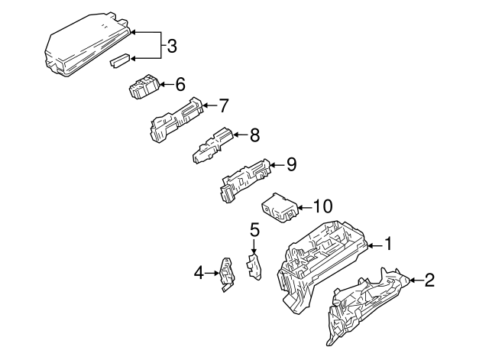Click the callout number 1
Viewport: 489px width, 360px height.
click(387, 245)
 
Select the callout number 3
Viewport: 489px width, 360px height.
click(172, 46)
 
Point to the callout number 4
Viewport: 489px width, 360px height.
click(199, 271)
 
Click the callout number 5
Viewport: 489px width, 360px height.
click(254, 229)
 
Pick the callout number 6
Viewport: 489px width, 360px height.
click(180, 83)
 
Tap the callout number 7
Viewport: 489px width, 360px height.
click(223, 105)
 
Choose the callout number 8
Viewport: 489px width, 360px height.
click(254, 135)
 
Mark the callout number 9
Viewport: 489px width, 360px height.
click(290, 164)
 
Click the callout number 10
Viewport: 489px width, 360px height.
click(323, 206)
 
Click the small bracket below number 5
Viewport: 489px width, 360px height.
click(254, 267)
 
